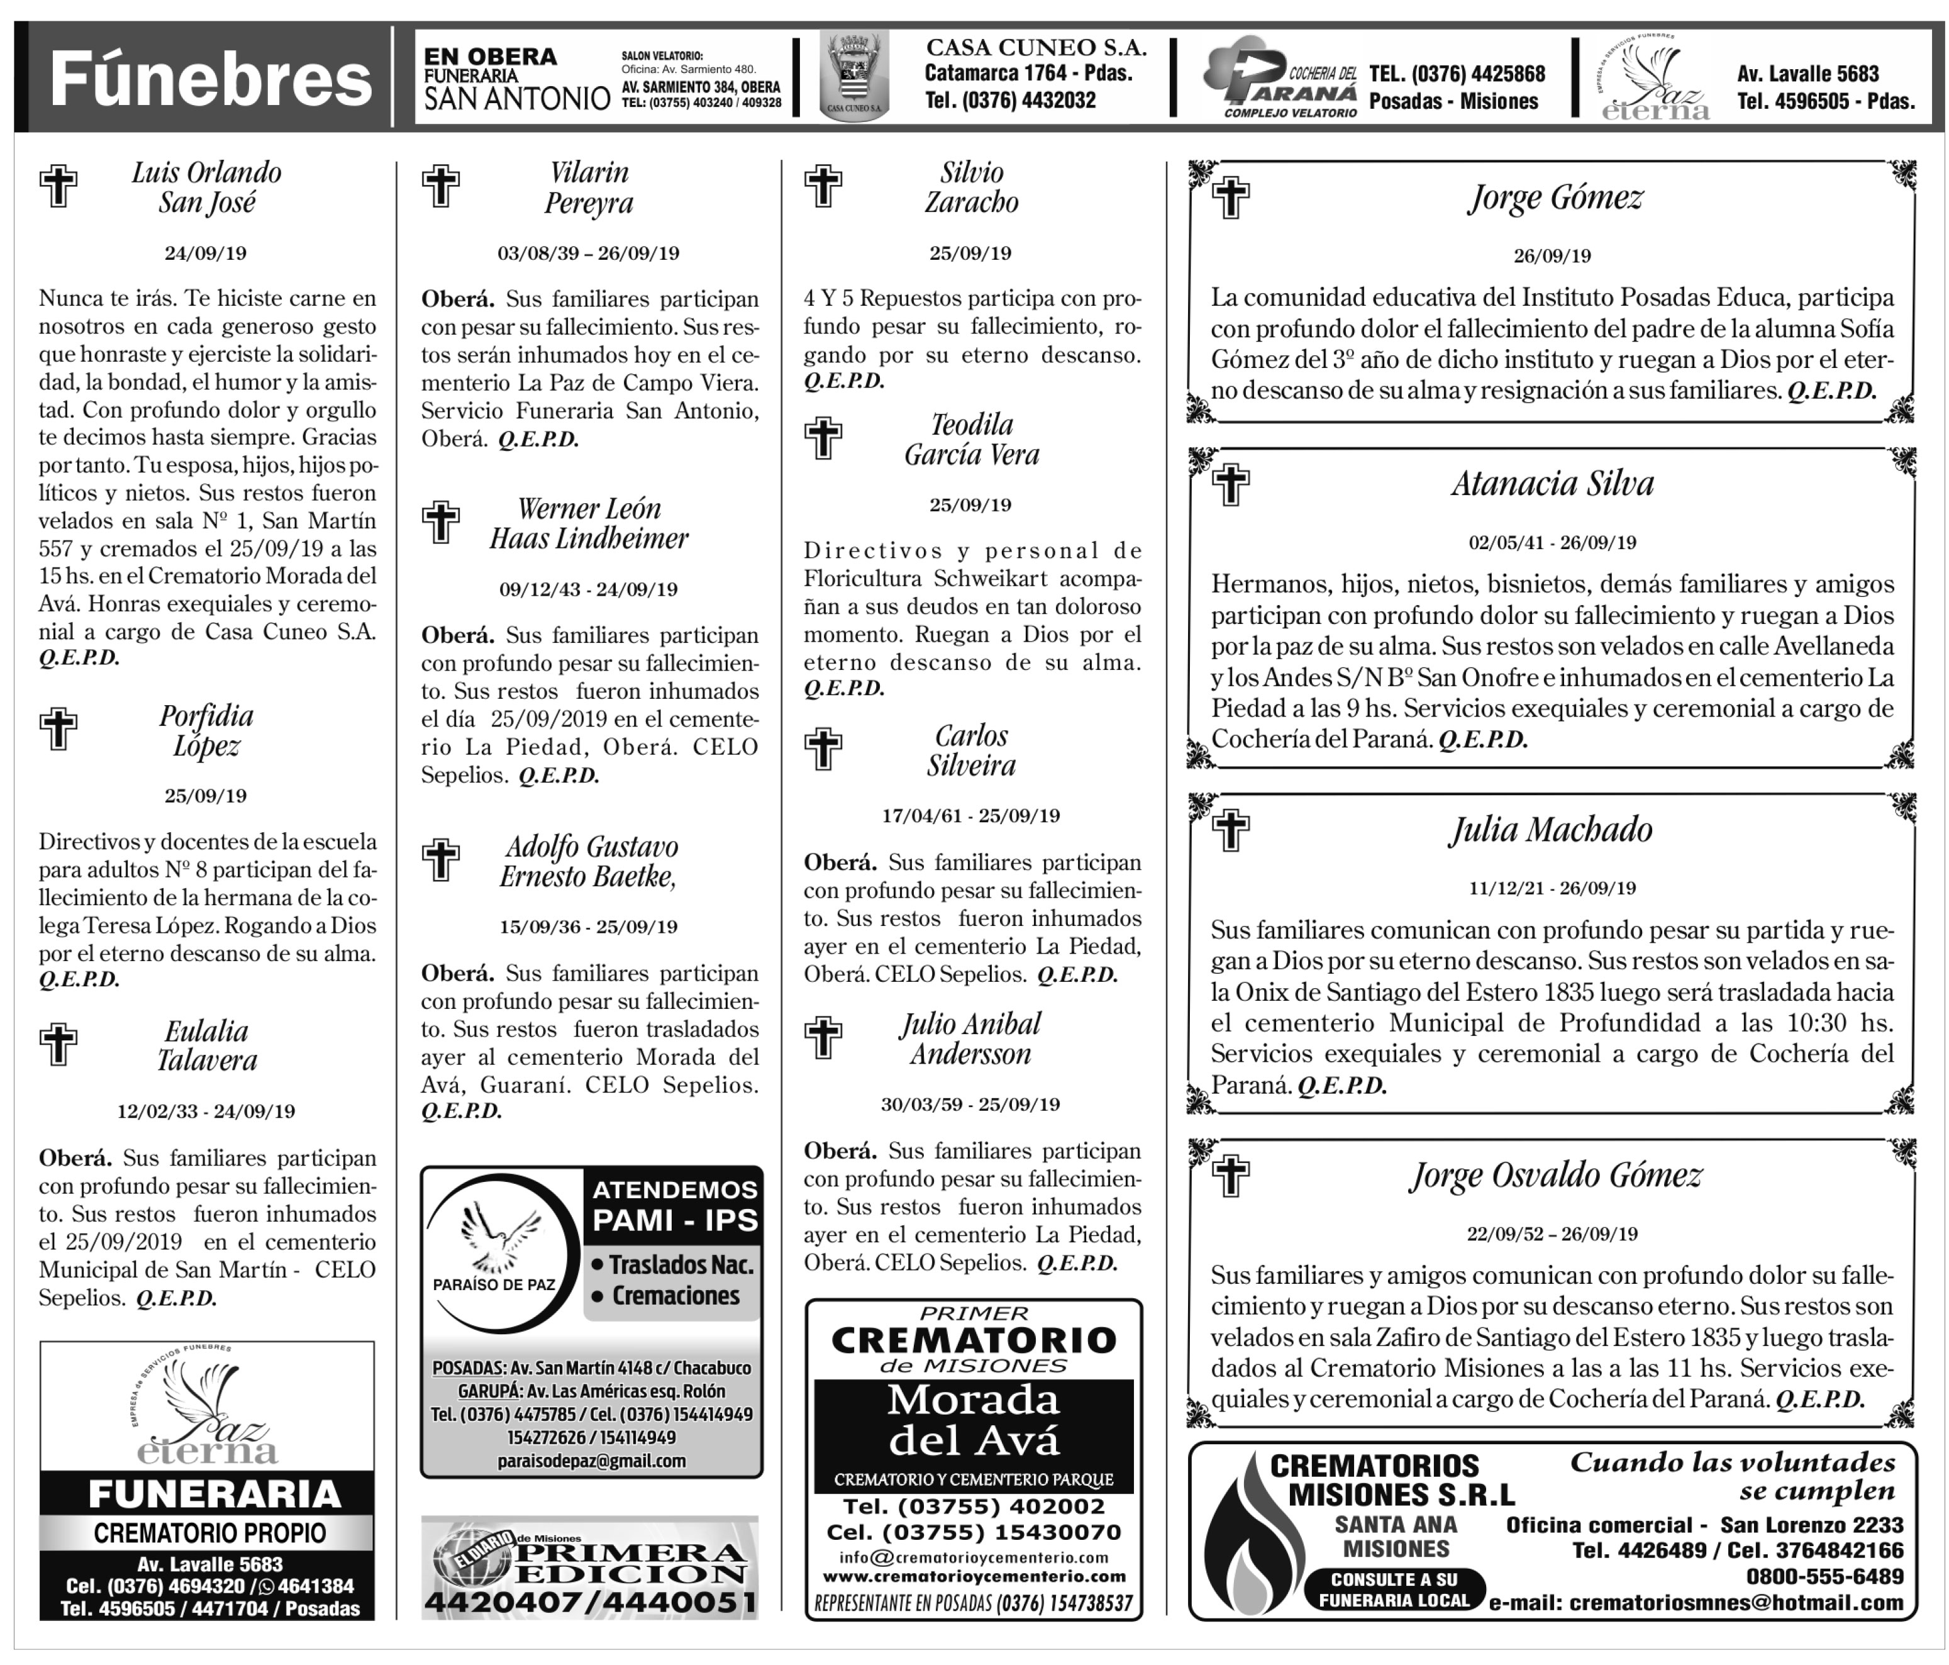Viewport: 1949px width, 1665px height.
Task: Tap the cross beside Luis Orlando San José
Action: (58, 186)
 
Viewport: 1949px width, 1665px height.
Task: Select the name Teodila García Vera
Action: (971, 439)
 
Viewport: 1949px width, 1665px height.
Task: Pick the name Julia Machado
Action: (1550, 830)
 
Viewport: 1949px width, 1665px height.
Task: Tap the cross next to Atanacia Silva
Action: (1230, 484)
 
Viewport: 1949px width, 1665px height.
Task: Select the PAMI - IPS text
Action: (674, 1220)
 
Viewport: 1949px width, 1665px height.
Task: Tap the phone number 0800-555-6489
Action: (1824, 1576)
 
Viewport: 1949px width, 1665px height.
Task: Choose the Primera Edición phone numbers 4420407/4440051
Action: (590, 1603)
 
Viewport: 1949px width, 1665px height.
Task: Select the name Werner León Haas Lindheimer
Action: (589, 523)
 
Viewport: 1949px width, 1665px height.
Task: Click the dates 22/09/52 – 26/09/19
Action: (1552, 1233)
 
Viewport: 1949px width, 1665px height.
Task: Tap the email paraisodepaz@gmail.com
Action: (591, 1461)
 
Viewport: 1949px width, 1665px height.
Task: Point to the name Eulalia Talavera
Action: (206, 1045)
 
